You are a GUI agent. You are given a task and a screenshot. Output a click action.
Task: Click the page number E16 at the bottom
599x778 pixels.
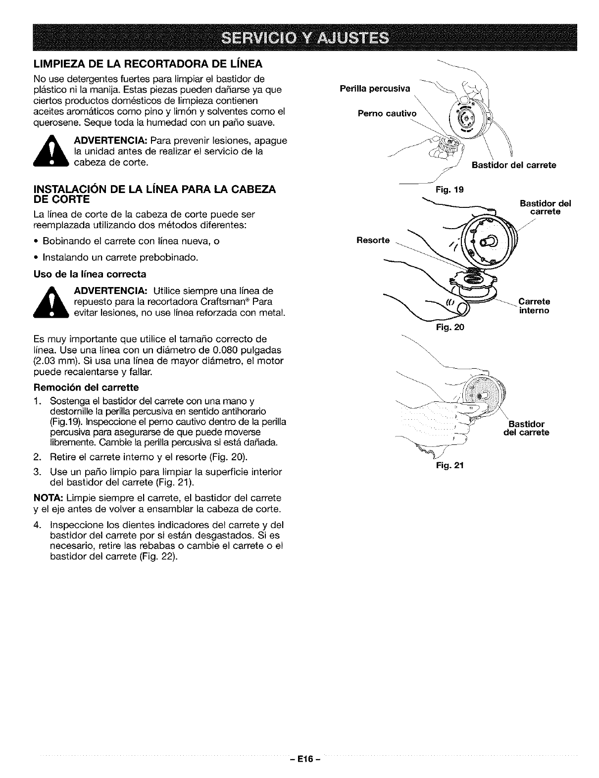click(299, 759)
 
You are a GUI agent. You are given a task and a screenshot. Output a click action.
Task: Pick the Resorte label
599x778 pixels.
click(373, 240)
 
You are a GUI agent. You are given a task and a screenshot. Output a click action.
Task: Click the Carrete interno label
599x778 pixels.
click(534, 306)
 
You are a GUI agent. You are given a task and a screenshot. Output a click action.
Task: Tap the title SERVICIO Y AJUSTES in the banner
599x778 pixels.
click(299, 38)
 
